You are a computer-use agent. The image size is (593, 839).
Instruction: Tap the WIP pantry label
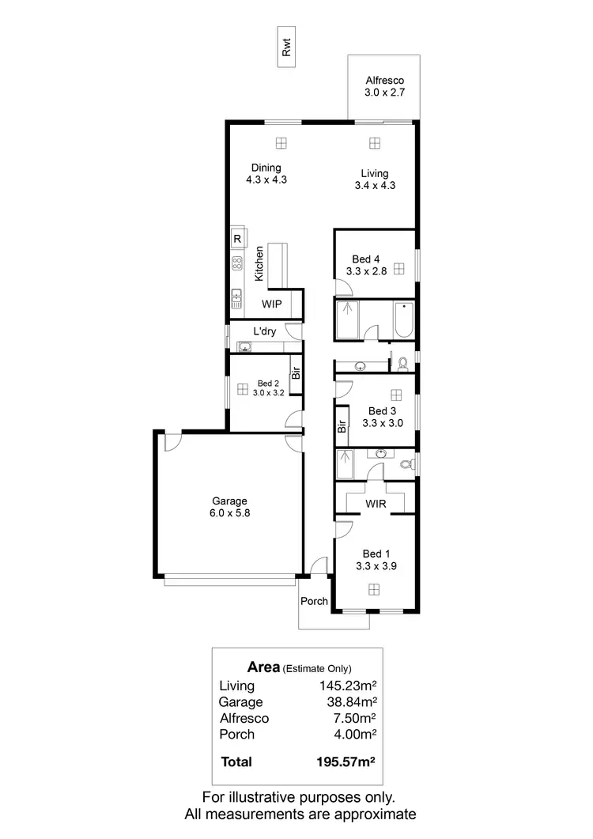(272, 304)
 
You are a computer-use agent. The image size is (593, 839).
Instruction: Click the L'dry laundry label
(264, 331)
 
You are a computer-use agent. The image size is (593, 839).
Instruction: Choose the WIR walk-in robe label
(375, 504)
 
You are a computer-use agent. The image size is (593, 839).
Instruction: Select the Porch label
(315, 601)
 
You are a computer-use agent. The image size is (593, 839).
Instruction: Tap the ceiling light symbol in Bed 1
(373, 588)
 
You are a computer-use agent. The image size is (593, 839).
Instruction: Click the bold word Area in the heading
(264, 667)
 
